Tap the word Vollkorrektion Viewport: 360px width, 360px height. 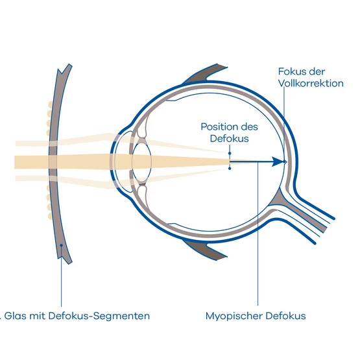tap(311, 83)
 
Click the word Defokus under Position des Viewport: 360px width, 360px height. tap(229, 139)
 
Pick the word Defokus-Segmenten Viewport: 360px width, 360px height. tap(99, 316)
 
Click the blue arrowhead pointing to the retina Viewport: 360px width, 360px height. tap(278, 162)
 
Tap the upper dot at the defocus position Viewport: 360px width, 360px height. tap(230, 153)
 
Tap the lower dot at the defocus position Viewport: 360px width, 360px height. tap(230, 169)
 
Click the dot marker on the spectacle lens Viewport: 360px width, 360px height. tap(62, 245)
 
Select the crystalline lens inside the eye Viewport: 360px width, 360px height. tap(141, 162)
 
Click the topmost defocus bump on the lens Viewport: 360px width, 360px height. tap(50, 104)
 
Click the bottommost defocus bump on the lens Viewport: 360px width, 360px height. tap(49, 216)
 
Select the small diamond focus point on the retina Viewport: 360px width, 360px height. tap(285, 162)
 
